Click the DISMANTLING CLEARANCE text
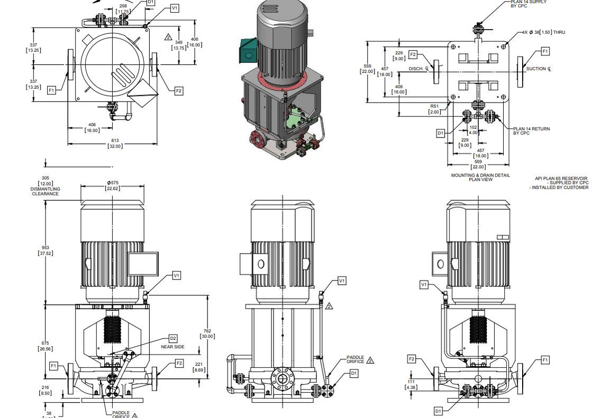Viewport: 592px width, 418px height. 45,191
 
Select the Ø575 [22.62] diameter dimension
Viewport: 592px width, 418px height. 112,185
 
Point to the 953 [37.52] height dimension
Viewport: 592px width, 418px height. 45,250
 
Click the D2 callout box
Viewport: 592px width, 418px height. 173,338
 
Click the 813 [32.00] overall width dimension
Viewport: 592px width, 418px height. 115,143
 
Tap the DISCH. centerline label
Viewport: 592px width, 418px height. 418,69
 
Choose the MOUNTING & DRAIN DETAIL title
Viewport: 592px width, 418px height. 480,177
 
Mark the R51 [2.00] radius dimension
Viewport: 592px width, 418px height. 434,109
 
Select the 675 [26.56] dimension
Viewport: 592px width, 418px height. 45,346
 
